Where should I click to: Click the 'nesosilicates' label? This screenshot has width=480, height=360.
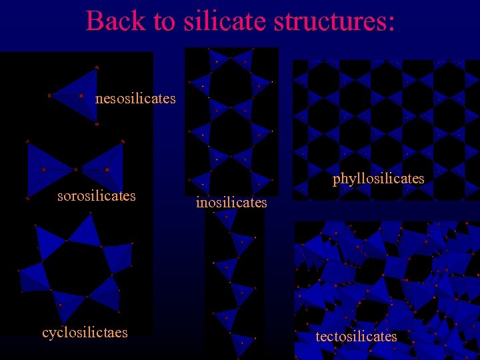click(135, 99)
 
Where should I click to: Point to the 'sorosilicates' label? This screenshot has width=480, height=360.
click(97, 196)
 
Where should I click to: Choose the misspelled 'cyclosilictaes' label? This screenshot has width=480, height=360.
click(85, 332)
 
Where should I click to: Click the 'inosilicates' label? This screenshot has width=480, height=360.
click(231, 202)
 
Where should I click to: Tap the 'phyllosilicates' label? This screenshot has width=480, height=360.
click(378, 179)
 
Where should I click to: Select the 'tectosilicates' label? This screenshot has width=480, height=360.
click(356, 337)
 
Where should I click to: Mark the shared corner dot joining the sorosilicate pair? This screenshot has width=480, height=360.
click(75, 169)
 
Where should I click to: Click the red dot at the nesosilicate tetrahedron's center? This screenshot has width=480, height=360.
click(81, 96)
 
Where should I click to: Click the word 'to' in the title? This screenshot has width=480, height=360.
click(163, 22)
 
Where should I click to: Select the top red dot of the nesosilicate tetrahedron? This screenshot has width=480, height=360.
click(97, 67)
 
